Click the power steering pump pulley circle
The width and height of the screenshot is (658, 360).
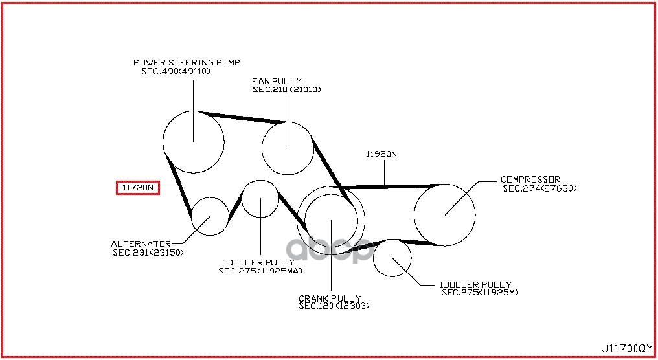click(x=193, y=141)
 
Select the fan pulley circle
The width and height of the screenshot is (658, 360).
click(x=288, y=148)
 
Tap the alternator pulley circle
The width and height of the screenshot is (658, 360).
click(x=210, y=216)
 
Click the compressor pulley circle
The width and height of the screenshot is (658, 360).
click(x=444, y=214)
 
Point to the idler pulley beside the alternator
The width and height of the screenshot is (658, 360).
click(x=260, y=199)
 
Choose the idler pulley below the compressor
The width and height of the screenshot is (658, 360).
click(x=392, y=257)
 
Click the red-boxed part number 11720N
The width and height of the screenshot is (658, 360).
click(x=137, y=188)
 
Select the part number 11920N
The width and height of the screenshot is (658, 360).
click(x=381, y=154)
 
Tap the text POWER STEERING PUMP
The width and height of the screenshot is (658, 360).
click(x=187, y=62)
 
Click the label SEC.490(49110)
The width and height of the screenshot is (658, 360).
click(x=176, y=71)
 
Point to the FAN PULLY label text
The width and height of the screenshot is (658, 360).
click(x=277, y=81)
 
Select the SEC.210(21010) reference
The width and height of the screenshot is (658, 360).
click(x=287, y=89)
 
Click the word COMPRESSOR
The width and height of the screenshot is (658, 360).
click(x=530, y=179)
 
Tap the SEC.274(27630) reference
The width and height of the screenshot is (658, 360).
click(x=539, y=188)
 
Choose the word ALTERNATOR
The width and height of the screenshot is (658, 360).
click(x=141, y=244)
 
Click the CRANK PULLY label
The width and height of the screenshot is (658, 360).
click(x=330, y=298)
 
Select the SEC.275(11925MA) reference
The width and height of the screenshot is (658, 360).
click(x=260, y=271)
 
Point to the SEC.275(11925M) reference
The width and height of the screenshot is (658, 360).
click(x=480, y=293)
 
